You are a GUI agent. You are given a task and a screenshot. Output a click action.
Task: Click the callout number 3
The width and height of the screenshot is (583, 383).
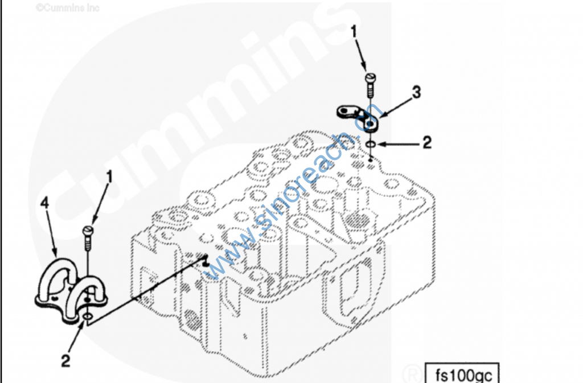coord(416,92)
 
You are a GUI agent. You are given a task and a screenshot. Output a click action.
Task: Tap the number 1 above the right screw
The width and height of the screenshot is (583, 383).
coord(354,31)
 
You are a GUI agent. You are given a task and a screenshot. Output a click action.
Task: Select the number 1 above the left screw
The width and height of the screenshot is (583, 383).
coord(109,177)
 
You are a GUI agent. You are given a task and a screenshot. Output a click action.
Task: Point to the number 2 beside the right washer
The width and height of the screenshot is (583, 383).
coord(427,142)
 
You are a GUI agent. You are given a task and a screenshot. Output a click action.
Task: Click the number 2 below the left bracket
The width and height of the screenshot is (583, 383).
coord(65,361)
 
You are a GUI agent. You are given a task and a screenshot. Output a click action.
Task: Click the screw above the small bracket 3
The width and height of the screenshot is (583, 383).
coord(370,85)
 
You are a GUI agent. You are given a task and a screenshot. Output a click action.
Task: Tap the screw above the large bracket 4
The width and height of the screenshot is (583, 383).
coord(88,238)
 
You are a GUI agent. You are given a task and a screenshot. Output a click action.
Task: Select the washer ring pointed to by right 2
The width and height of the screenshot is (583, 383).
coord(371,144)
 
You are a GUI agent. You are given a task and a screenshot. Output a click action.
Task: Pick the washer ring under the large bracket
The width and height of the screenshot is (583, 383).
coord(88,316)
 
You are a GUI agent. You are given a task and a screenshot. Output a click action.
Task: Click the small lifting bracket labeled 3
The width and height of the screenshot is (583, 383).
coord(358,118)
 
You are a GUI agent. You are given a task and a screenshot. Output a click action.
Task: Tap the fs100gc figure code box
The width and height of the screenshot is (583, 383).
coord(462,373)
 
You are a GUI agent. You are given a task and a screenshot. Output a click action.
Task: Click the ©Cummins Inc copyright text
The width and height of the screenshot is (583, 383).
coord(68,7)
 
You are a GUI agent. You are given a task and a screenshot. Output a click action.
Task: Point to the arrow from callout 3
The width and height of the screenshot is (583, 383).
coord(396,107)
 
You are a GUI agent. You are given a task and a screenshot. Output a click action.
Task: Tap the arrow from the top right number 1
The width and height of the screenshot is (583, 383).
coord(361,55)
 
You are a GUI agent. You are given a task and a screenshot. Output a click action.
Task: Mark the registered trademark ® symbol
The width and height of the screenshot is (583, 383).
coord(412,373)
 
